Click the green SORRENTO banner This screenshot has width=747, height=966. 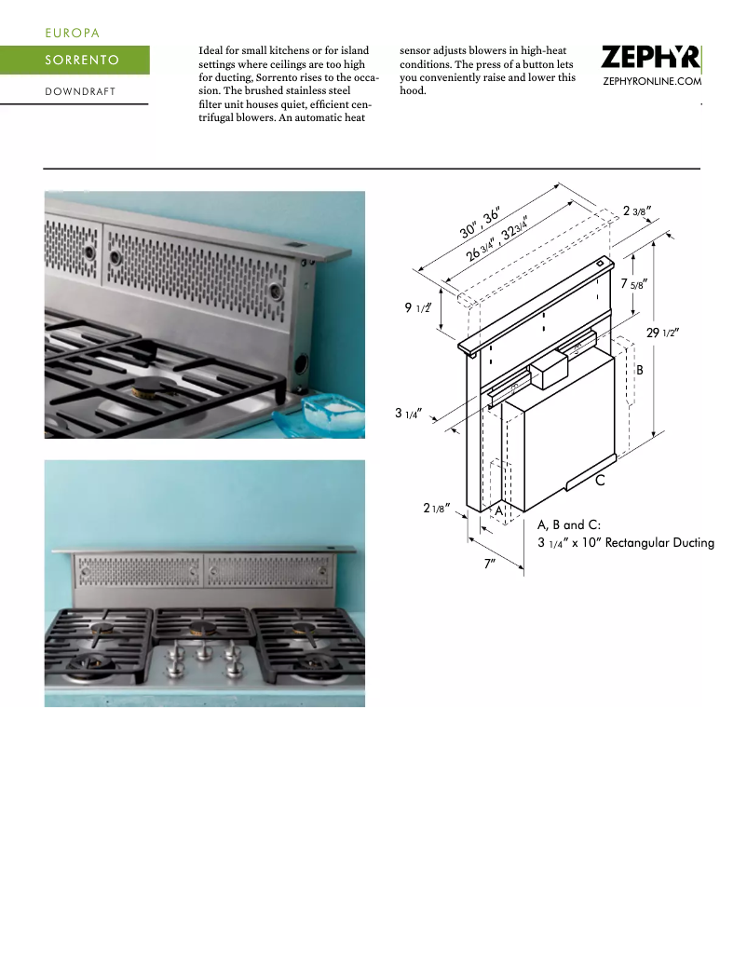click(x=75, y=61)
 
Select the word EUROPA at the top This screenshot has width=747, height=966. click(x=72, y=33)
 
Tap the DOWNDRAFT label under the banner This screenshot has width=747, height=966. click(x=79, y=91)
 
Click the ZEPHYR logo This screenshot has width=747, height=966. click(x=650, y=58)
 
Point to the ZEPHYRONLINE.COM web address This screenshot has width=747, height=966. click(x=652, y=82)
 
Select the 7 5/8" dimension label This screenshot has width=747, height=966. click(x=633, y=283)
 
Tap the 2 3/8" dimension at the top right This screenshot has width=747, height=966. click(x=636, y=211)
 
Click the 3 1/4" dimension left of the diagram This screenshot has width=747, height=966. click(x=410, y=413)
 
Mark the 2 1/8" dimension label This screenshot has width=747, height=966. click(x=437, y=508)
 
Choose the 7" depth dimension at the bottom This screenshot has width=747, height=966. click(x=489, y=565)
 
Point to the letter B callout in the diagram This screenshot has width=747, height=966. click(x=640, y=370)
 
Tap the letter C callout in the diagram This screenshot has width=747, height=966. click(x=601, y=481)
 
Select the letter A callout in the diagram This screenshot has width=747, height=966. click(x=498, y=511)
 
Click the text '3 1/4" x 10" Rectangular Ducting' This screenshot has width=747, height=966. click(x=625, y=542)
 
